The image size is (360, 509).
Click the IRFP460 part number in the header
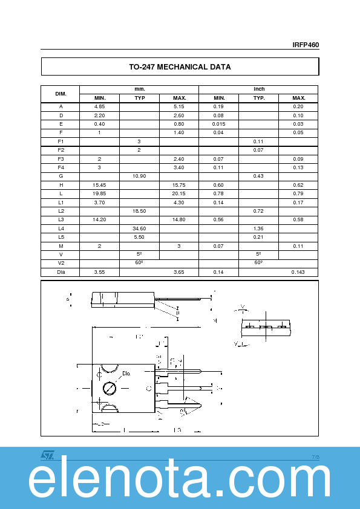[306, 45]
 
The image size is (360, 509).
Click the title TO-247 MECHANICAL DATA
[180, 67]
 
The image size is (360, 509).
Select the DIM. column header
[61, 94]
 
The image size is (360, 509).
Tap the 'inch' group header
[259, 89]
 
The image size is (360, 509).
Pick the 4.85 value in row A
[100, 106]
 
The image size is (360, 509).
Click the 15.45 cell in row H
[100, 184]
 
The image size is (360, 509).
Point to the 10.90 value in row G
[139, 176]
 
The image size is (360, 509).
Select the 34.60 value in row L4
[139, 229]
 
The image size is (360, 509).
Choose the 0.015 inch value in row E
[219, 124]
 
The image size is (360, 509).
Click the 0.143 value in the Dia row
[298, 272]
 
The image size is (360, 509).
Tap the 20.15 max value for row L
[179, 193]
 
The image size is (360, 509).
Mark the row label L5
[61, 237]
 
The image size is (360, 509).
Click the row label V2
[61, 264]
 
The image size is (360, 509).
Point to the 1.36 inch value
[259, 229]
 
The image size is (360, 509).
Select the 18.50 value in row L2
[139, 211]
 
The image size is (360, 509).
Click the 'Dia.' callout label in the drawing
[126, 374]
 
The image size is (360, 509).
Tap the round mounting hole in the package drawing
[110, 387]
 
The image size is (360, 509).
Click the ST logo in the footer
[47, 455]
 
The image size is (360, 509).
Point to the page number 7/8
[315, 457]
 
